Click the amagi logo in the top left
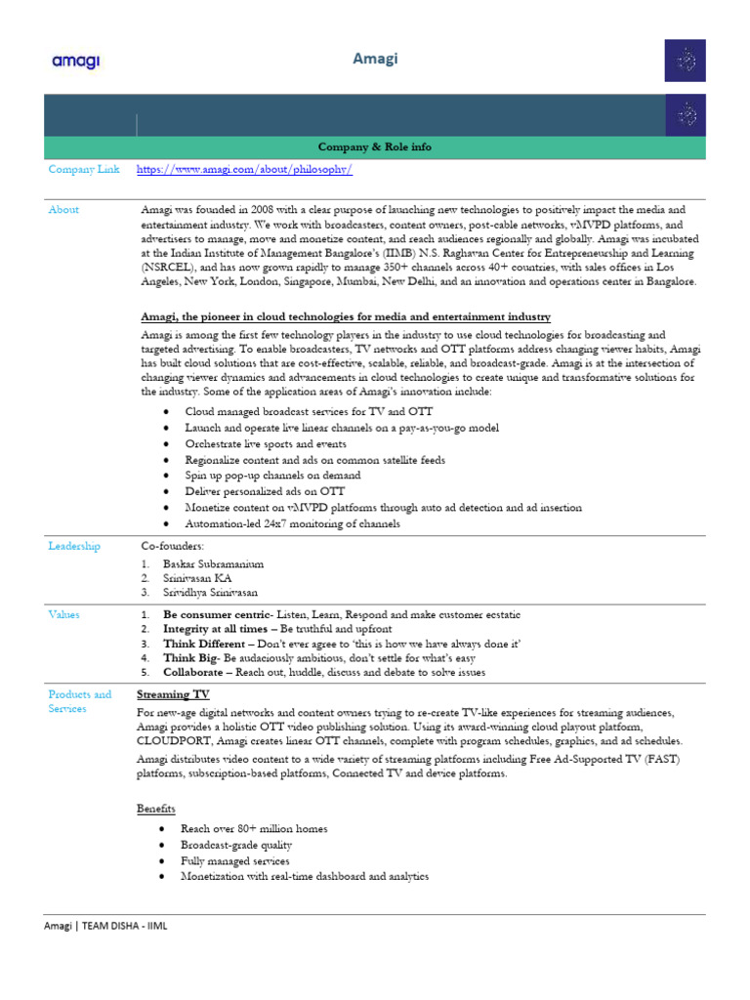pyautogui.click(x=75, y=62)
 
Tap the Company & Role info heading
pyautogui.click(x=375, y=146)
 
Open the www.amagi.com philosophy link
pyautogui.click(x=244, y=169)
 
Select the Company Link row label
pyautogui.click(x=84, y=169)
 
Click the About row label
pyautogui.click(x=63, y=209)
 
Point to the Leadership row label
pyautogui.click(x=74, y=546)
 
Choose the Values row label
pyautogui.click(x=63, y=614)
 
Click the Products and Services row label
pyautogui.click(x=80, y=701)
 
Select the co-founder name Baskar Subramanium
pyautogui.click(x=213, y=563)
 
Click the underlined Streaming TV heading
pyautogui.click(x=173, y=694)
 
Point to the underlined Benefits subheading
pyautogui.click(x=156, y=809)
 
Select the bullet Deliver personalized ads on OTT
pyautogui.click(x=264, y=491)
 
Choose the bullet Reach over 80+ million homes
pyautogui.click(x=254, y=828)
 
